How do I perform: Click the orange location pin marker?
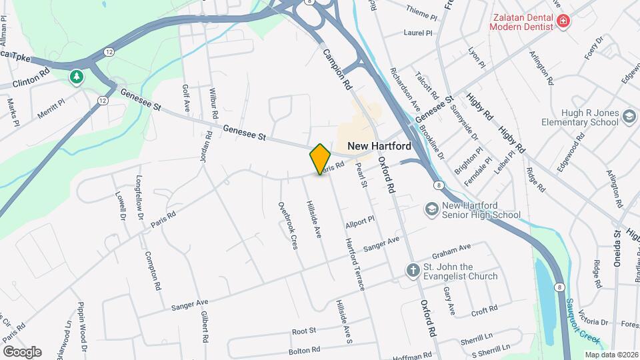pos(320,159)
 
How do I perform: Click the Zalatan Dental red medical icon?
pos(563,21)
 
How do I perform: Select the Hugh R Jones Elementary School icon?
pos(628,117)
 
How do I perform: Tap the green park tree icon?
pos(77,77)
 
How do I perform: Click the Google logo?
pos(22,351)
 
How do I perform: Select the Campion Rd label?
pos(337,69)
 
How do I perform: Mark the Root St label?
pos(303,331)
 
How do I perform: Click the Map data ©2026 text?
pos(611,354)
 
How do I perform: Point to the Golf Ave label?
pos(186,98)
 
